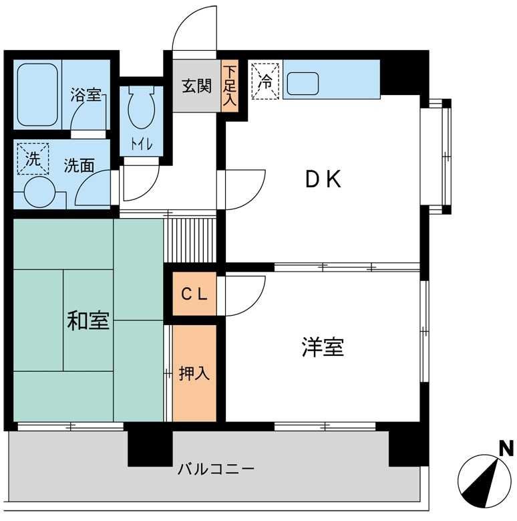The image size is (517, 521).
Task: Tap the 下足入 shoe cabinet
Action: pos(230,86)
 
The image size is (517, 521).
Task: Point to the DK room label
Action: pos(323,180)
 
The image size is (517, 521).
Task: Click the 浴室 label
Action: pos(85,96)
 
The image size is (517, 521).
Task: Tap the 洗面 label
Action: pos(79,165)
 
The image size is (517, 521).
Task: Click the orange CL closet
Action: pos(194,294)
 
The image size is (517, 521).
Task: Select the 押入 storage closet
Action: pos(194,373)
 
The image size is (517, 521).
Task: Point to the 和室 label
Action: pos(88,321)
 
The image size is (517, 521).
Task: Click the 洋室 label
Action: pos(322,348)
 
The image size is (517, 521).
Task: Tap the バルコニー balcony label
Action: pos(216,469)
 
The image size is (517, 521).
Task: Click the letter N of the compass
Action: pos(506,447)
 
